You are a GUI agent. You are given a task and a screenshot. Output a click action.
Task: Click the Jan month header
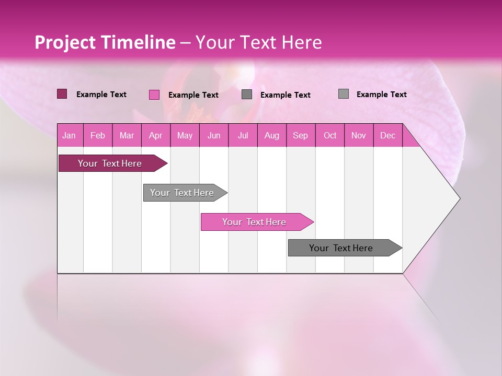[x=69, y=136]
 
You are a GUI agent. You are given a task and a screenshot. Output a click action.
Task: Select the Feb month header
[x=98, y=136]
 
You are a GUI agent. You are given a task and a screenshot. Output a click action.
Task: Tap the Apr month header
[x=155, y=136]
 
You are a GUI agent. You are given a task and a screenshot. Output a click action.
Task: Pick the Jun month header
[x=214, y=136]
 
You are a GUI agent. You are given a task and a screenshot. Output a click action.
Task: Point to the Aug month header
[x=271, y=136]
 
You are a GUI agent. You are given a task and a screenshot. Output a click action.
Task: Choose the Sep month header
[x=300, y=136]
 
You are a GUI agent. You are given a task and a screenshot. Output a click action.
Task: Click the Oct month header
[x=330, y=136]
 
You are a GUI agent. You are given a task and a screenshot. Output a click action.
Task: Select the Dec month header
[x=387, y=136]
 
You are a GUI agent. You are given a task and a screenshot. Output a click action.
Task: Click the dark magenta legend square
[x=62, y=94]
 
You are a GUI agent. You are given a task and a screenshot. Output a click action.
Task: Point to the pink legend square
[x=154, y=95]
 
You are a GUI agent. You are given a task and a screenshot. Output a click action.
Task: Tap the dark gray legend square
[x=247, y=95]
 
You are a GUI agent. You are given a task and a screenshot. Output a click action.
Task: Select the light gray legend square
[x=343, y=94]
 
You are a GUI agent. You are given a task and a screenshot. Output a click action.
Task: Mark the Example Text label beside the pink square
[x=193, y=95]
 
